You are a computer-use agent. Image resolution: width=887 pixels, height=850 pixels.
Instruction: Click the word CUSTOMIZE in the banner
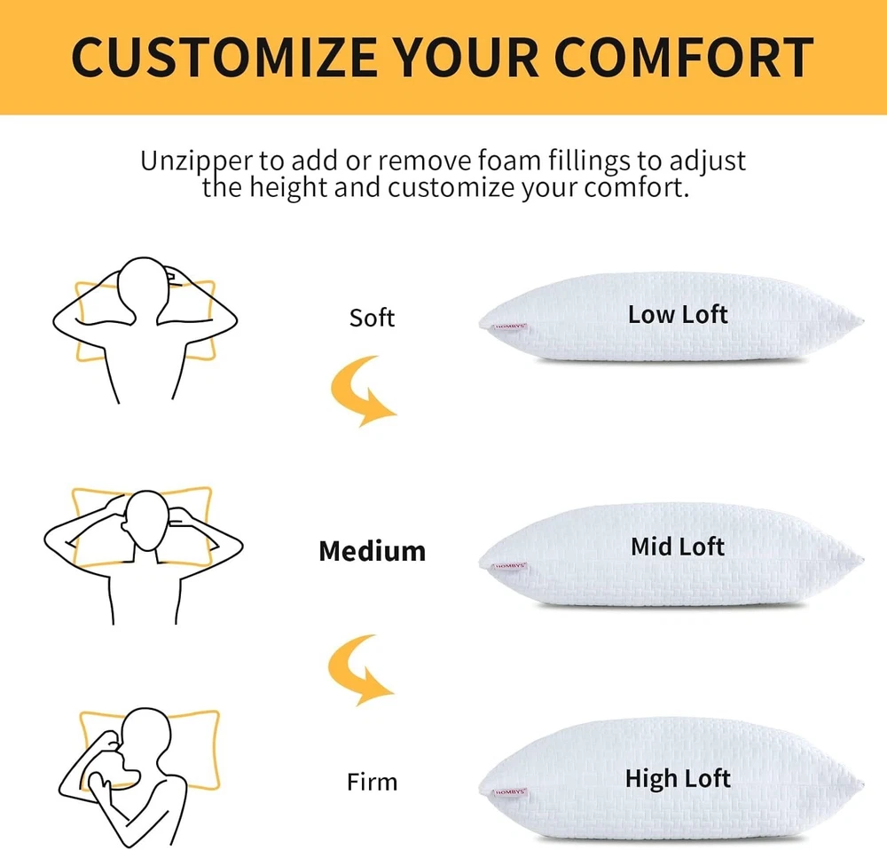click(x=224, y=57)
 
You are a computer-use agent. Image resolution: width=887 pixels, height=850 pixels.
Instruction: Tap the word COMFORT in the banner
click(x=683, y=57)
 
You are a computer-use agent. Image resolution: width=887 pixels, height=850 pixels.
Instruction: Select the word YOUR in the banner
click(x=465, y=57)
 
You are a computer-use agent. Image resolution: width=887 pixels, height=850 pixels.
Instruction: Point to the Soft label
click(x=372, y=318)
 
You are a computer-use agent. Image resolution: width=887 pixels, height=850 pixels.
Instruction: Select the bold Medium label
click(x=373, y=551)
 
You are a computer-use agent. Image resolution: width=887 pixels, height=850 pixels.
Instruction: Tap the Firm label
click(x=372, y=782)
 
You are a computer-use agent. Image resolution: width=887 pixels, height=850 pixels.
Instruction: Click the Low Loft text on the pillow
click(x=678, y=315)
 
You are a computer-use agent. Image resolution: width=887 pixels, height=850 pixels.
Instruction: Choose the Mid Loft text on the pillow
click(x=678, y=547)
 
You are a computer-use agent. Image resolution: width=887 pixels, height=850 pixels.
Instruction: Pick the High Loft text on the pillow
click(x=678, y=779)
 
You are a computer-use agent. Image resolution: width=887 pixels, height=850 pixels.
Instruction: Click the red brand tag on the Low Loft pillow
click(x=510, y=327)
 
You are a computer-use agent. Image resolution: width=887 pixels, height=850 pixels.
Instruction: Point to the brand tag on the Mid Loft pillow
click(x=510, y=566)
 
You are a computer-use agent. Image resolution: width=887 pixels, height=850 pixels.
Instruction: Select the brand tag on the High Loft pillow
click(x=510, y=792)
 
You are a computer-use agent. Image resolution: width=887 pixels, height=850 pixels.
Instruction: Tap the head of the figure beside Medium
click(x=146, y=521)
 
